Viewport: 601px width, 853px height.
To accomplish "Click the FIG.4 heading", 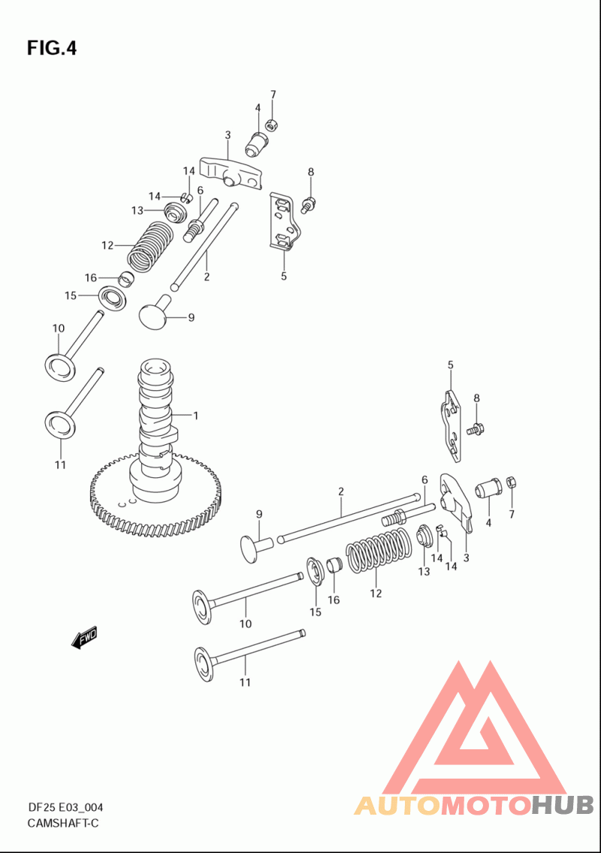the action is (x=52, y=48).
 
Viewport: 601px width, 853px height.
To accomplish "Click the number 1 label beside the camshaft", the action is (x=196, y=416).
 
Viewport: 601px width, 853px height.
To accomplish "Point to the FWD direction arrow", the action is (x=84, y=637).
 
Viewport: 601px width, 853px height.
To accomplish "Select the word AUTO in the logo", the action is (x=397, y=806).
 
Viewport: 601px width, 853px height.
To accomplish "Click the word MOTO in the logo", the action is (x=486, y=806).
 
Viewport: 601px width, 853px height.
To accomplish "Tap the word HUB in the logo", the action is (x=563, y=806).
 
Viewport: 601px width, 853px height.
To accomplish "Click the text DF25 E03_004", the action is (x=65, y=807).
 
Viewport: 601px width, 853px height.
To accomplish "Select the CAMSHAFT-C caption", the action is (x=63, y=823).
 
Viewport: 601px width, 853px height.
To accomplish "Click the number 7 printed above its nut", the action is (x=273, y=95).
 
